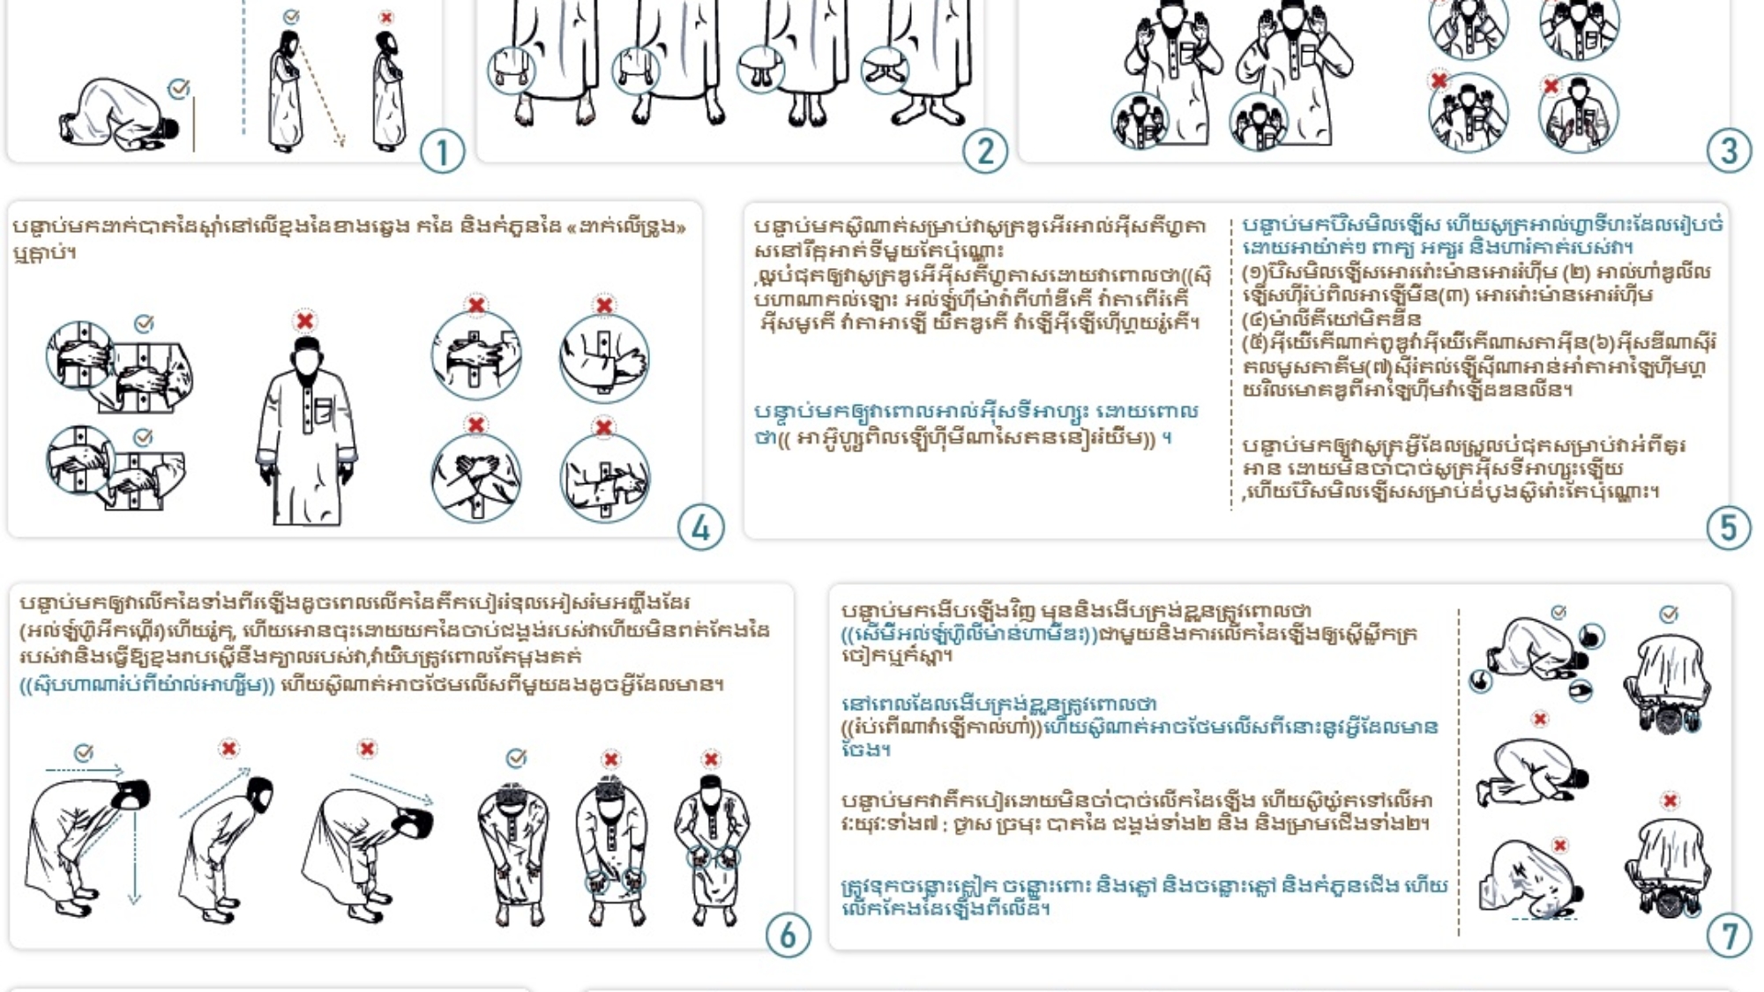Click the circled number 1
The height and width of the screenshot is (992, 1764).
442,152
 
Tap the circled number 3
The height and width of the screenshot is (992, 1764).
1729,150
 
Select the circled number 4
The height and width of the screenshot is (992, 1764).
701,527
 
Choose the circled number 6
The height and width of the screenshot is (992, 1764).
788,935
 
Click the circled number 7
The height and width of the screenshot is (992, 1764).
1729,936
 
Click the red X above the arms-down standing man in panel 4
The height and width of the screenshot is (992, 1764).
305,320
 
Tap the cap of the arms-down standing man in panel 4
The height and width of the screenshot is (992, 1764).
306,343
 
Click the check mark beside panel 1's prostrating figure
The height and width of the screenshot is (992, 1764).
179,88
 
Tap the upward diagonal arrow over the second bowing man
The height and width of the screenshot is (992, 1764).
215,792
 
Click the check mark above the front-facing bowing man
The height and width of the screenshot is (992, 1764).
517,758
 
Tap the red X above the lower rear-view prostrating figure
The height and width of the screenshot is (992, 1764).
1670,801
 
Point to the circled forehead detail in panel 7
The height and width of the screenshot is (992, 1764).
1592,636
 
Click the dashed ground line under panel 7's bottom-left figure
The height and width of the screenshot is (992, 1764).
1543,920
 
